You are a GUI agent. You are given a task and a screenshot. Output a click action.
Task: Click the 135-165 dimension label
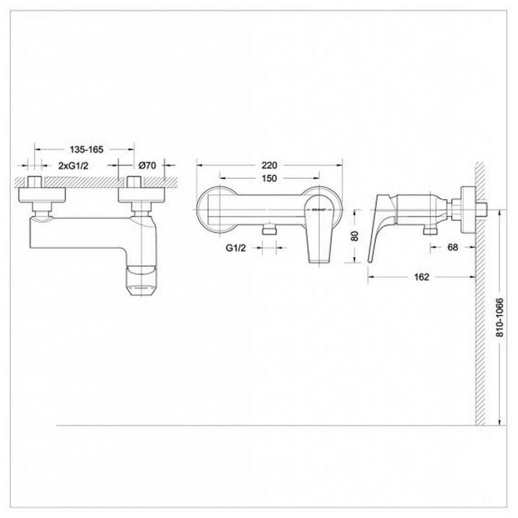click(x=85, y=149)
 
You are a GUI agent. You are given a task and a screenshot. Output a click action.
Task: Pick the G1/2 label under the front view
click(x=237, y=248)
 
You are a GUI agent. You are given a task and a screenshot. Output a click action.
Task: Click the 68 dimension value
click(x=454, y=247)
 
